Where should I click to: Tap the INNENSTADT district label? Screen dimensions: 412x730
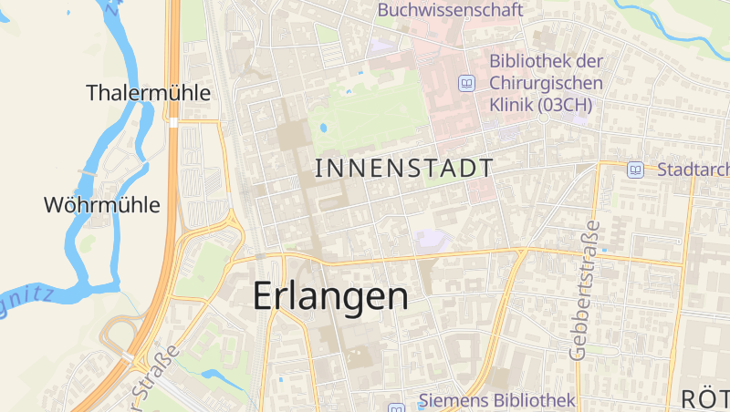[404, 168]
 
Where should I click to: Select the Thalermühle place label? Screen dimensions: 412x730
[149, 93]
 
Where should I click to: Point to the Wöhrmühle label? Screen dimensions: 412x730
[101, 205]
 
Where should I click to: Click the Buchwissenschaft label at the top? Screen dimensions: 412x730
[450, 10]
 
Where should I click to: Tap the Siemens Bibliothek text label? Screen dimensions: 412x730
[496, 400]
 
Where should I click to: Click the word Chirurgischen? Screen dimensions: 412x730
[546, 83]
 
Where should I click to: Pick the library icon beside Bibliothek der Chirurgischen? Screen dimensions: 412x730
[467, 83]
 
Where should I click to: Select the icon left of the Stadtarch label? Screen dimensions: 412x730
[635, 169]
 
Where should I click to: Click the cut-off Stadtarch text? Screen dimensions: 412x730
[693, 170]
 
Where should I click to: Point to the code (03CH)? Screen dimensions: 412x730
[565, 105]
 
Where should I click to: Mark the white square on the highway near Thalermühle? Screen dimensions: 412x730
[172, 122]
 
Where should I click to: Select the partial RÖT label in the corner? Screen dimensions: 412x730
[705, 398]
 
